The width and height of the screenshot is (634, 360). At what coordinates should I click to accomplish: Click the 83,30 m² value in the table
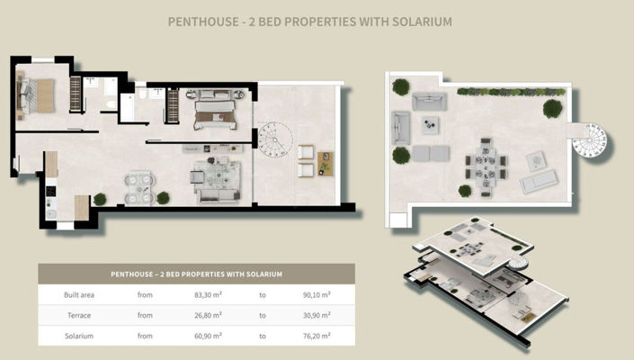pos(208,295)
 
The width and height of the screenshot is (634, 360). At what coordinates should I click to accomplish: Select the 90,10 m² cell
pos(317,295)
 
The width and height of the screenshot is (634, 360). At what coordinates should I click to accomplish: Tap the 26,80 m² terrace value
pos(208,315)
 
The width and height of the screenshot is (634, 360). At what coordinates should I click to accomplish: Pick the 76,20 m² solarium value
pos(317,336)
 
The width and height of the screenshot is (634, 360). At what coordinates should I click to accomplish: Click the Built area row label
pos(79,295)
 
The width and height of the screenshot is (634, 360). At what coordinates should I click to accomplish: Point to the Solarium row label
pos(79,336)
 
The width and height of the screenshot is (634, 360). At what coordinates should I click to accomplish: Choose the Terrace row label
pos(79,315)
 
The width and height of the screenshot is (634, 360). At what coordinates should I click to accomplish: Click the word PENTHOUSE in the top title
pos(203,22)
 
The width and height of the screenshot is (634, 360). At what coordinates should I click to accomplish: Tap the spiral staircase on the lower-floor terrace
pos(275,140)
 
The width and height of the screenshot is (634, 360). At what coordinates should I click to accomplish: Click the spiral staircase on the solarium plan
pos(590,140)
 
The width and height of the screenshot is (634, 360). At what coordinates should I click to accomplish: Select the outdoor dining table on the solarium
pos(486,166)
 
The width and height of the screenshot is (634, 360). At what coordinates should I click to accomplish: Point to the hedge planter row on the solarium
pos(511,92)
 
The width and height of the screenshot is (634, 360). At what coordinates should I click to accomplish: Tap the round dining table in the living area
pos(140,188)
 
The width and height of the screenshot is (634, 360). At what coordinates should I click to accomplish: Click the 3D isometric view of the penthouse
pos(487,282)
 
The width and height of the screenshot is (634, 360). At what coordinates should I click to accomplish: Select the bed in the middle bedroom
pos(215,115)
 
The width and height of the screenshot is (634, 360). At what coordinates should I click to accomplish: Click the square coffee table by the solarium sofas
pos(430,125)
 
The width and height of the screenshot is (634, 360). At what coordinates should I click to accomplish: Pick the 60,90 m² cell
pos(208,336)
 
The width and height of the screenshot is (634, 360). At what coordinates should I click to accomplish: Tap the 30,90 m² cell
pos(317,315)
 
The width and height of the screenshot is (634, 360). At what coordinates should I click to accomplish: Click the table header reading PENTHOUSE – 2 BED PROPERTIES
pos(197,274)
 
